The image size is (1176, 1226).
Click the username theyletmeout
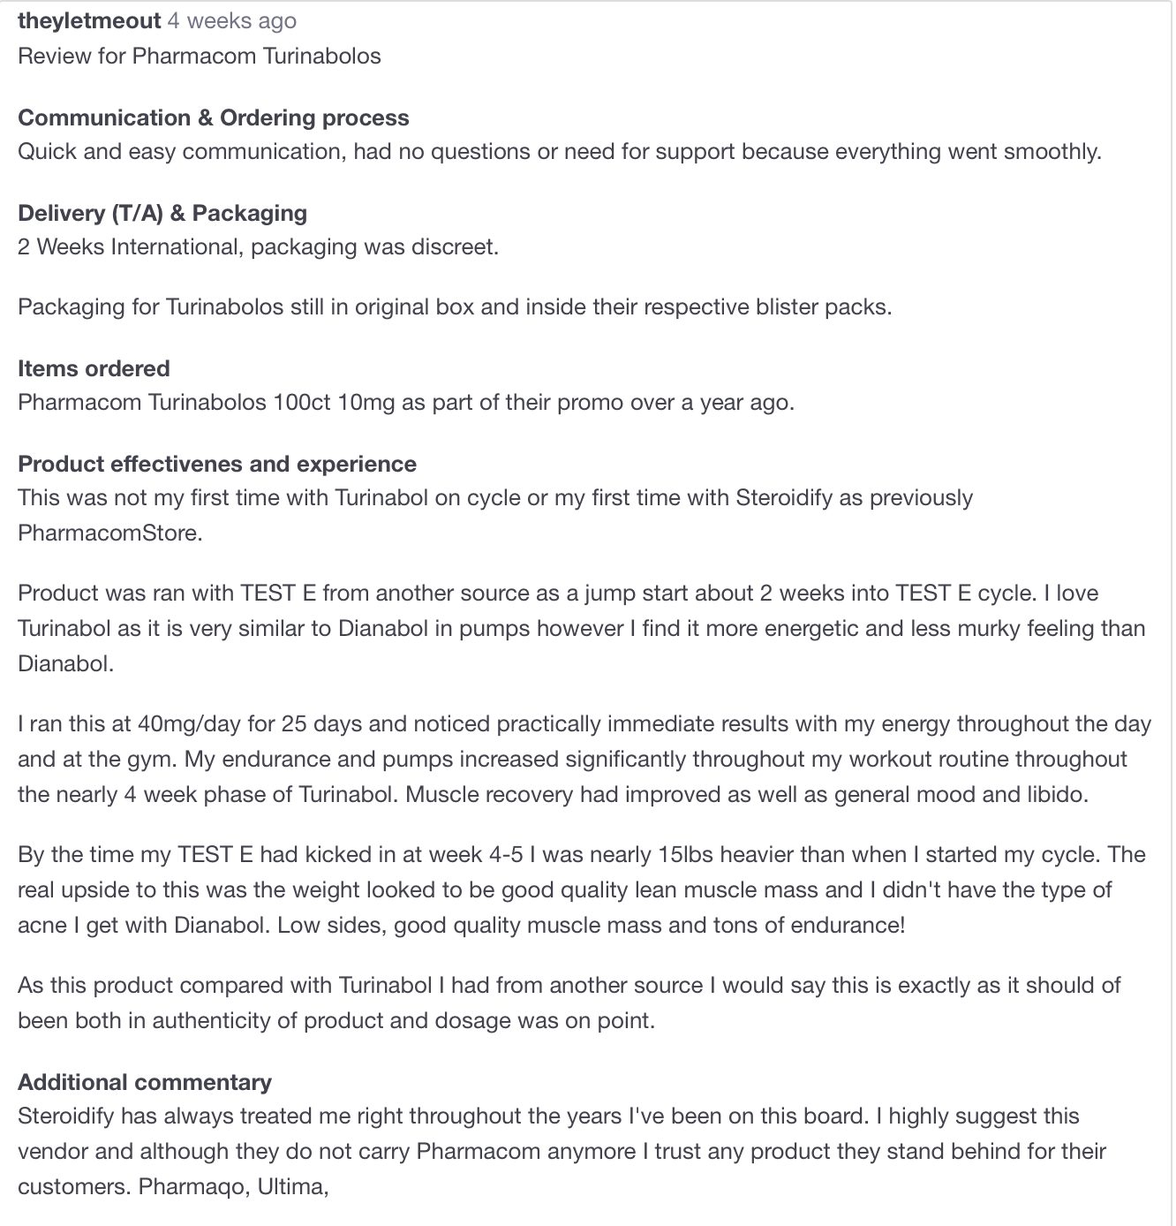pyautogui.click(x=89, y=21)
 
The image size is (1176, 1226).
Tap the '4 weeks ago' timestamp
pyautogui.click(x=232, y=21)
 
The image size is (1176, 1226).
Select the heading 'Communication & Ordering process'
pyautogui.click(x=214, y=118)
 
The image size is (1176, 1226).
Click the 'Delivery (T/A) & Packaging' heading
pyautogui.click(x=162, y=214)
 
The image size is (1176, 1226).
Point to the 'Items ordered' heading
pyautogui.click(x=94, y=369)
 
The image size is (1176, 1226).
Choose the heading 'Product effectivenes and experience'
pyautogui.click(x=217, y=465)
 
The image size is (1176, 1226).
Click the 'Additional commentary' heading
pyautogui.click(x=145, y=1083)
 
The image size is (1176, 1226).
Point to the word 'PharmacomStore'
pyautogui.click(x=109, y=534)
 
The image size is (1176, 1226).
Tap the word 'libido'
pyautogui.click(x=1056, y=795)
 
